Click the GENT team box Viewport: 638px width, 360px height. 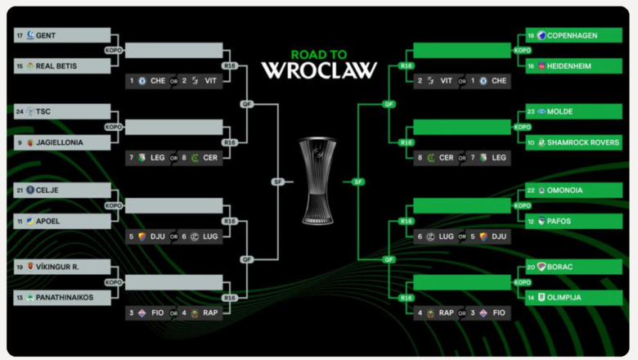(x=62, y=35)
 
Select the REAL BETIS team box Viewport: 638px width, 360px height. (x=62, y=66)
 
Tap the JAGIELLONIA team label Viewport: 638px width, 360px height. (x=60, y=142)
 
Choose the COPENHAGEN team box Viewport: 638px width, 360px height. (x=573, y=35)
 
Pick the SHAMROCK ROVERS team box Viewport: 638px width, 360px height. (x=573, y=142)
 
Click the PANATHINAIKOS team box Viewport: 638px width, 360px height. (x=62, y=297)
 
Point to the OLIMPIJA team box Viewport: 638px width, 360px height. (x=573, y=297)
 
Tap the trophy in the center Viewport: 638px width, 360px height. (x=318, y=181)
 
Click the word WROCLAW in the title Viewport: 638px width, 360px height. (x=319, y=70)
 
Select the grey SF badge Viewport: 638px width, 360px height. (x=278, y=182)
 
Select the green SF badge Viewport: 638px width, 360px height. (x=358, y=182)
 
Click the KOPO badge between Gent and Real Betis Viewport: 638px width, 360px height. (x=114, y=51)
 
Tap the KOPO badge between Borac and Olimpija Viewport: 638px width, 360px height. (x=523, y=282)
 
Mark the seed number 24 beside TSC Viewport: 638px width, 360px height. (x=20, y=111)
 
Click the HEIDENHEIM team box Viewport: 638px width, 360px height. (x=573, y=66)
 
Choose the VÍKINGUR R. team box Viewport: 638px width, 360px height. (x=62, y=267)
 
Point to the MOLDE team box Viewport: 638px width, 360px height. (x=573, y=111)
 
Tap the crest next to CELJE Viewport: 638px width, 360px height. (x=30, y=190)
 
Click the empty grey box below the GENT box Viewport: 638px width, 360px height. (x=173, y=51)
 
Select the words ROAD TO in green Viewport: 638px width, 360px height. (x=319, y=55)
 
